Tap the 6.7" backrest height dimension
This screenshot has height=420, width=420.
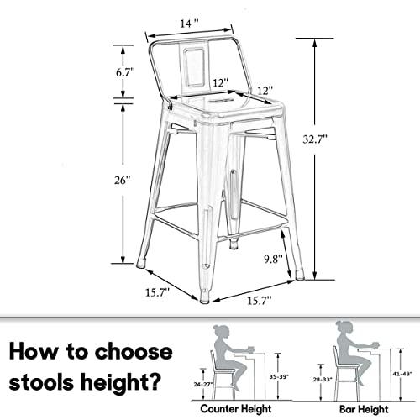click(125, 73)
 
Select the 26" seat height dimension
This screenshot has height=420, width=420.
click(123, 180)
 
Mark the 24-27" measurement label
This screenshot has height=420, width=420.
click(201, 382)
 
